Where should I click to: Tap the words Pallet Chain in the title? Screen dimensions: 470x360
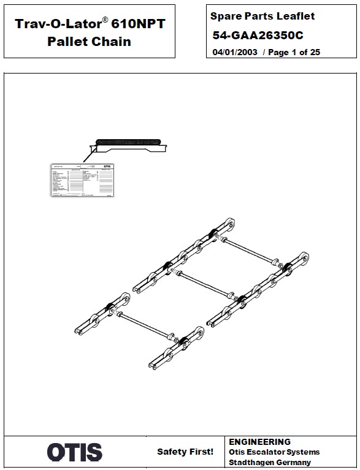pyautogui.click(x=89, y=42)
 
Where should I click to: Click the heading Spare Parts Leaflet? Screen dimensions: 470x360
pyautogui.click(x=262, y=16)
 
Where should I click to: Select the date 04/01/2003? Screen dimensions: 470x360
pyautogui.click(x=234, y=53)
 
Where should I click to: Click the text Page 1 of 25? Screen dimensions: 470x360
pyautogui.click(x=294, y=53)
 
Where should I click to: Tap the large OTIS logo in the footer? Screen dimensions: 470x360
pyautogui.click(x=75, y=453)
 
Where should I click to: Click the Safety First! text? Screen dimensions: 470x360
pyautogui.click(x=185, y=452)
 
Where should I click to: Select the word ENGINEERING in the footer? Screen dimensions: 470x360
pyautogui.click(x=259, y=442)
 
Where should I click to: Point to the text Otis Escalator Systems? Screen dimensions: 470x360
pyautogui.click(x=274, y=452)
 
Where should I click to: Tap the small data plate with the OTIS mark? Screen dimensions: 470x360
pyautogui.click(x=82, y=180)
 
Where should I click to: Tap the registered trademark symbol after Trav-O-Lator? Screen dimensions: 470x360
pyautogui.click(x=105, y=20)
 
